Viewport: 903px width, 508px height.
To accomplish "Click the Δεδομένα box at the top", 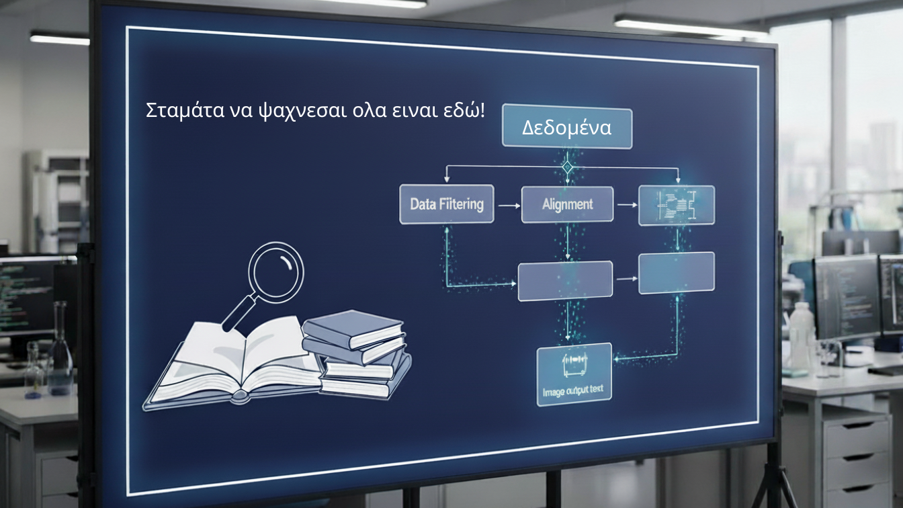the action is (567, 127).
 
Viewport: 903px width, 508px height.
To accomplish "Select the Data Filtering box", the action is (446, 204).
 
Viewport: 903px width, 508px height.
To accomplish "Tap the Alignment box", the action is (567, 204).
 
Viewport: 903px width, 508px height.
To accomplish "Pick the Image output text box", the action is (574, 374).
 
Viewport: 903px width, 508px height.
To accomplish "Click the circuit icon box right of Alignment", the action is (676, 204).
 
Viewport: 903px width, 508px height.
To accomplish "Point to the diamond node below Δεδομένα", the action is (567, 167).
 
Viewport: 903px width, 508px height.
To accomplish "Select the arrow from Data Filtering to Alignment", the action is (507, 204).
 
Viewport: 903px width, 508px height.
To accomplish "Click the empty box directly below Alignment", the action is (565, 280).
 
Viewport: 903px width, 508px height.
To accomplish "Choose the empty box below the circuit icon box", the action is (676, 272).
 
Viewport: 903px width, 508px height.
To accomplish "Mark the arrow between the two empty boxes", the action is (626, 278).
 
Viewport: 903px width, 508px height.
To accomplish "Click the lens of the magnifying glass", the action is (276, 273).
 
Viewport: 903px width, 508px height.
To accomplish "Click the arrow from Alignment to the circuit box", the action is (626, 204).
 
